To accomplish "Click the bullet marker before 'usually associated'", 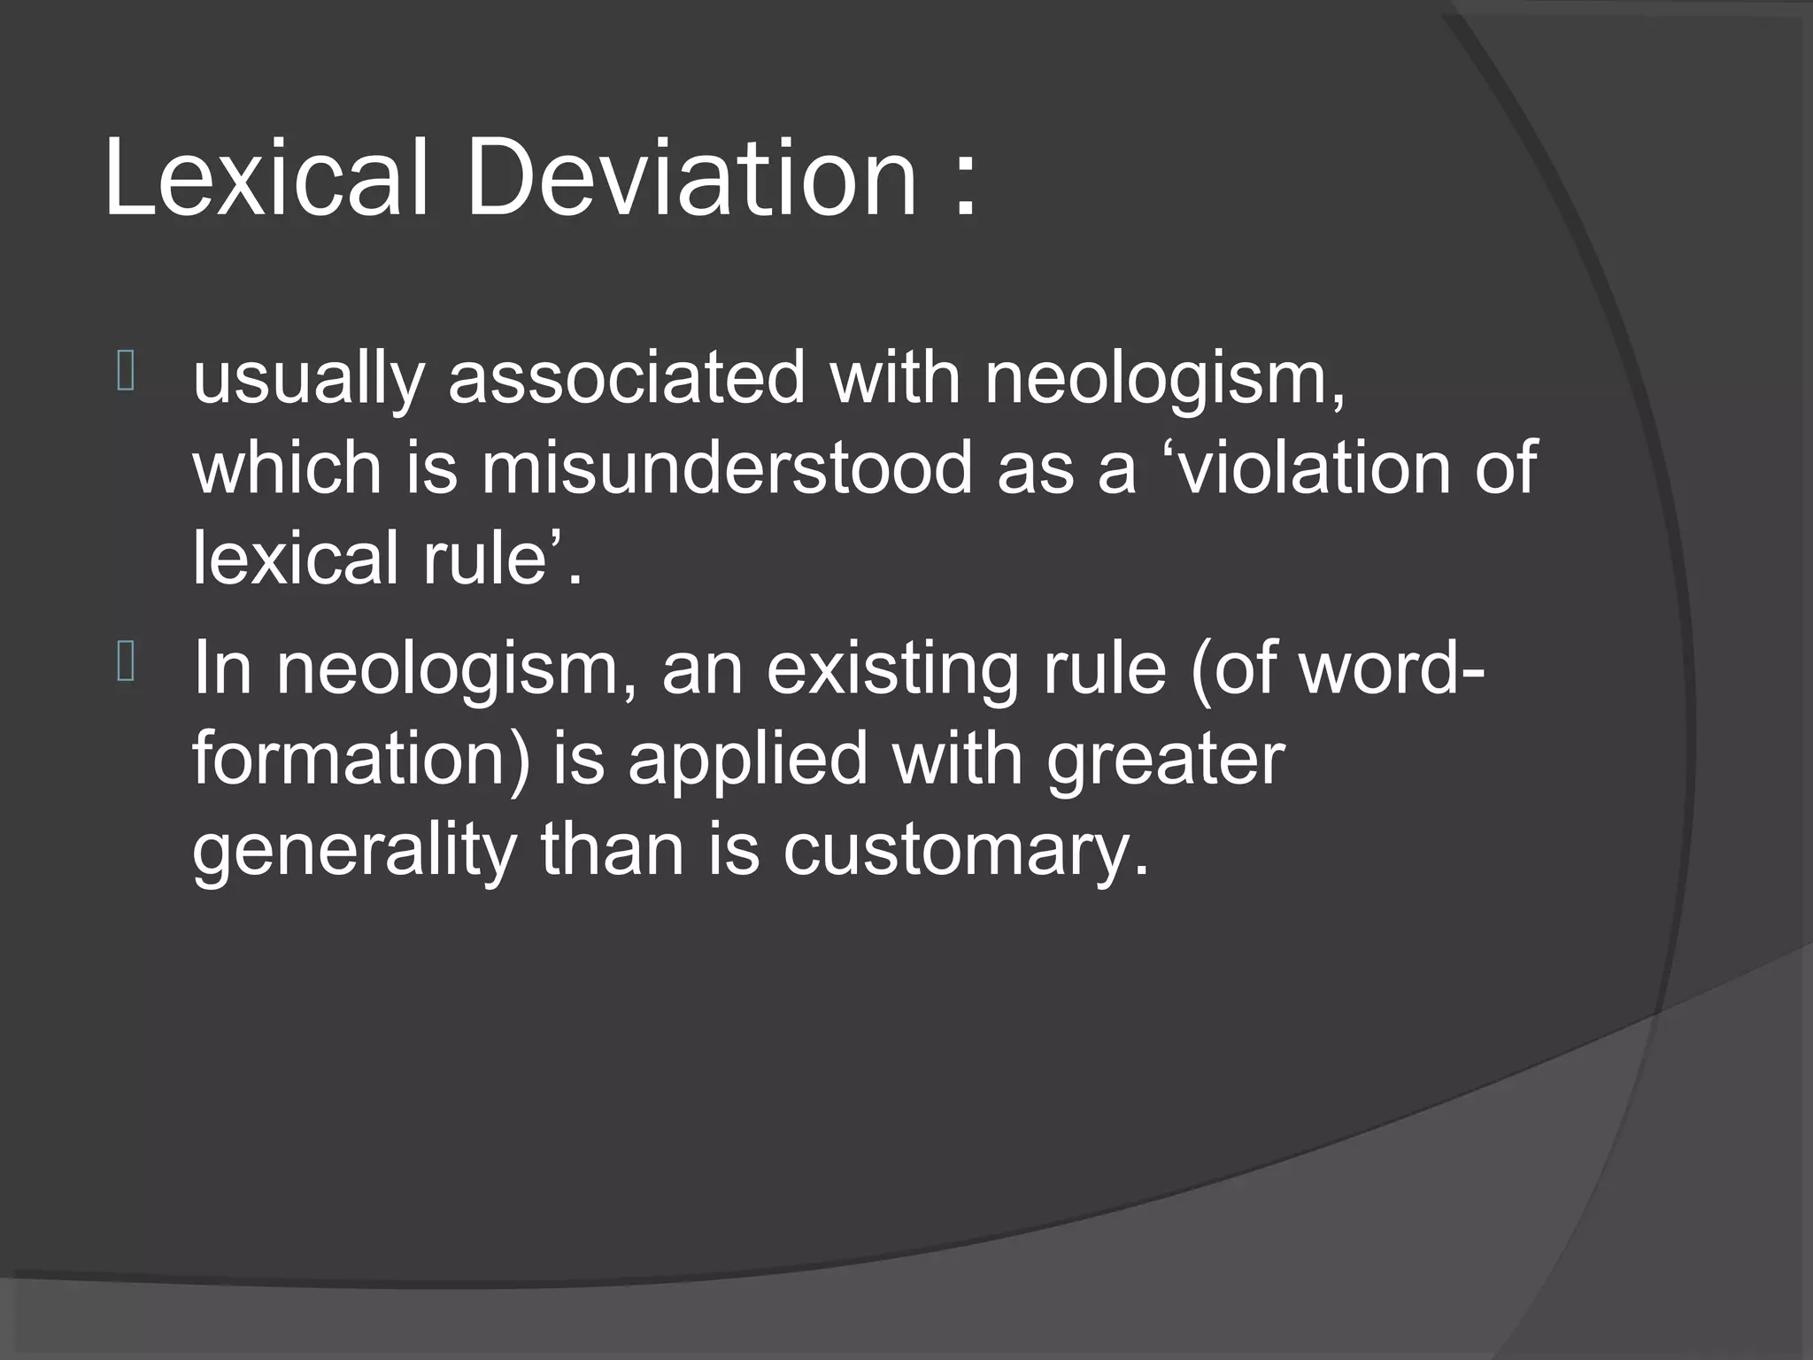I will pos(125,372).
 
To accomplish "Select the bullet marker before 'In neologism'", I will pos(125,662).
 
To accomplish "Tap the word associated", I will pos(627,377).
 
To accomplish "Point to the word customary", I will pos(965,854).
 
